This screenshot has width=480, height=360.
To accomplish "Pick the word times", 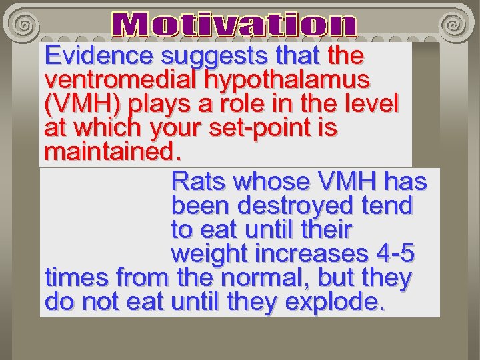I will click(77, 278).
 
